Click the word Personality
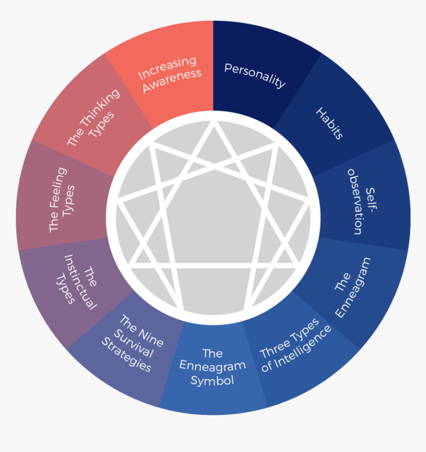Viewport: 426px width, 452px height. [255, 75]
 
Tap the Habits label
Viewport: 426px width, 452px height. [329, 123]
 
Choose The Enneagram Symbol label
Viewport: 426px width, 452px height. [212, 367]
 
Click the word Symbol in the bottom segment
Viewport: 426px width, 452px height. [212, 381]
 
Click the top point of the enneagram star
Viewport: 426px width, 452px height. [214, 124]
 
